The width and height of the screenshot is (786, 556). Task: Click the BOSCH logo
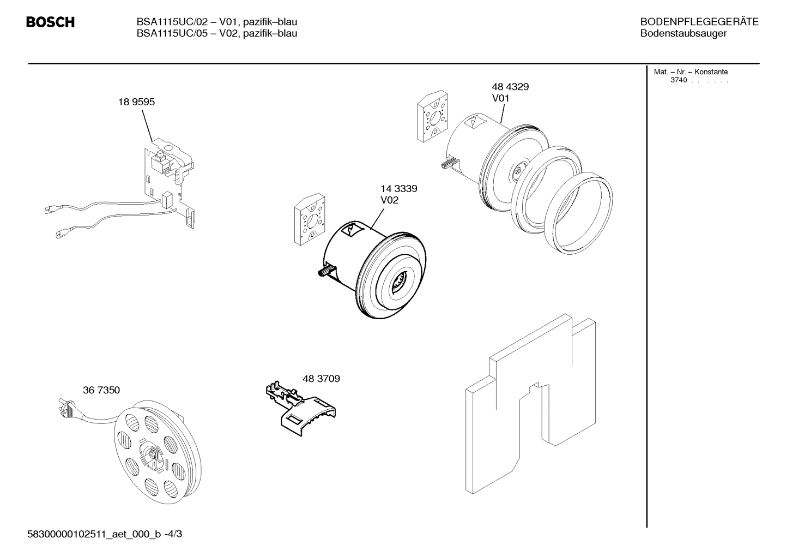pos(50,22)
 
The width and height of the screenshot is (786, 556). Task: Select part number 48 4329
pos(510,87)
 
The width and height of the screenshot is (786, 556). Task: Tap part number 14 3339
pos(398,189)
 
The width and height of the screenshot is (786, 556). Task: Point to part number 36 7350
pos(101,390)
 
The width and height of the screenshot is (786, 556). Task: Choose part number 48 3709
pos(321,378)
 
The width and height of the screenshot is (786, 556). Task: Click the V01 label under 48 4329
pos(500,98)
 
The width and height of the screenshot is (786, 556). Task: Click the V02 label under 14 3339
pos(389,200)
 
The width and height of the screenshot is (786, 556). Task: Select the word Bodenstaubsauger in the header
pos(683,34)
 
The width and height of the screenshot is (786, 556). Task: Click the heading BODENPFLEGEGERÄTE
pos(699,22)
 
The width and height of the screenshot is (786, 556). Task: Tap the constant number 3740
pos(679,81)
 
